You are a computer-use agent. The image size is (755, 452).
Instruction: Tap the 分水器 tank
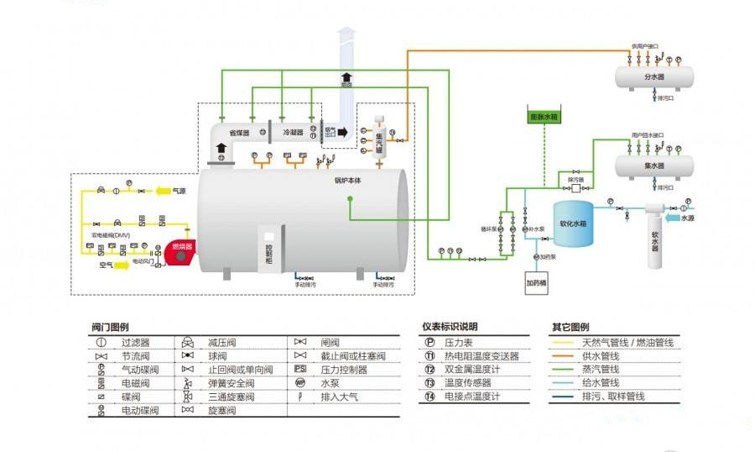coord(654,77)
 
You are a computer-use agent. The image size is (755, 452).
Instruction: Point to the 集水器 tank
coord(654,166)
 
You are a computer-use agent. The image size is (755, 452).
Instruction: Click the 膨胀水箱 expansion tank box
coord(543,117)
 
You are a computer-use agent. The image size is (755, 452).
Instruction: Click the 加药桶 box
coord(536,284)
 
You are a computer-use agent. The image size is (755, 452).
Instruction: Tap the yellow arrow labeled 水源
coord(685,218)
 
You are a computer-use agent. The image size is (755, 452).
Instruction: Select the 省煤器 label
coord(239,132)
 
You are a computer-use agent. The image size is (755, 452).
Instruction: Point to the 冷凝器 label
coord(292,132)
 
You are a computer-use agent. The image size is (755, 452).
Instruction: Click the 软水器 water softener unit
coord(656,239)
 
